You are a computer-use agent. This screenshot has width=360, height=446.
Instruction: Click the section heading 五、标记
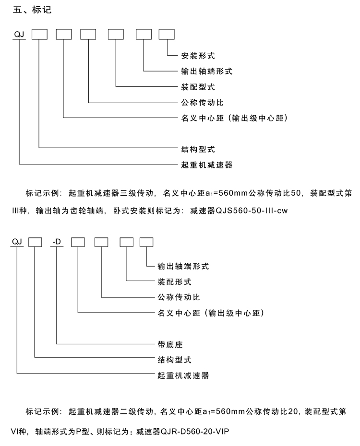(32, 10)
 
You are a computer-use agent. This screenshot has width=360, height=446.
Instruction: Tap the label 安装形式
(198, 56)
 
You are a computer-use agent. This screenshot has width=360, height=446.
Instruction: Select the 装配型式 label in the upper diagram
(198, 87)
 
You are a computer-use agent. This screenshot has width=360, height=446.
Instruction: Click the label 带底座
(170, 344)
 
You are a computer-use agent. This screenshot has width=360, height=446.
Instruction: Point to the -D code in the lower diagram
(57, 242)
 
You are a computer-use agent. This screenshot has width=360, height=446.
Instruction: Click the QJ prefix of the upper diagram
(19, 35)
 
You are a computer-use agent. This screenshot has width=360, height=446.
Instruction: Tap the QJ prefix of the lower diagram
(17, 242)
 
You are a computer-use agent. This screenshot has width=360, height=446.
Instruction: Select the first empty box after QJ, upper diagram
(39, 35)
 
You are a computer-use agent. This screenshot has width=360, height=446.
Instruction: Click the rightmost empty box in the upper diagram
(167, 35)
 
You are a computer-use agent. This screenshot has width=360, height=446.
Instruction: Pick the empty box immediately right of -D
(78, 242)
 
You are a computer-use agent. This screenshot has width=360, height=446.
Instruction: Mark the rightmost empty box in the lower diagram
(146, 242)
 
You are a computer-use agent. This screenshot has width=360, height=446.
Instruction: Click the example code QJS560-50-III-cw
(252, 211)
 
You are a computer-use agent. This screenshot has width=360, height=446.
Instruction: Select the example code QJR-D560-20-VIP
(195, 432)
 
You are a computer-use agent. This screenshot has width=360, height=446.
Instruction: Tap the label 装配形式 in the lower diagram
(174, 282)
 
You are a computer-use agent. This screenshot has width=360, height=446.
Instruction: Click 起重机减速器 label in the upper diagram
(207, 165)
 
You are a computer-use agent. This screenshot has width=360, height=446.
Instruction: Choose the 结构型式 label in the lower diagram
(174, 360)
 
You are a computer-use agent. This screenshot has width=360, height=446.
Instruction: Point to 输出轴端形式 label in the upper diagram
(207, 71)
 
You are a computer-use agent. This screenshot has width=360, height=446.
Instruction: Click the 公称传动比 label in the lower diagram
(179, 297)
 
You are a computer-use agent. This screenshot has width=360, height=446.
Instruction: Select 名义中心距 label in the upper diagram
(203, 118)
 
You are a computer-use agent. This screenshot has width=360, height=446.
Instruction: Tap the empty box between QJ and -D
(35, 242)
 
